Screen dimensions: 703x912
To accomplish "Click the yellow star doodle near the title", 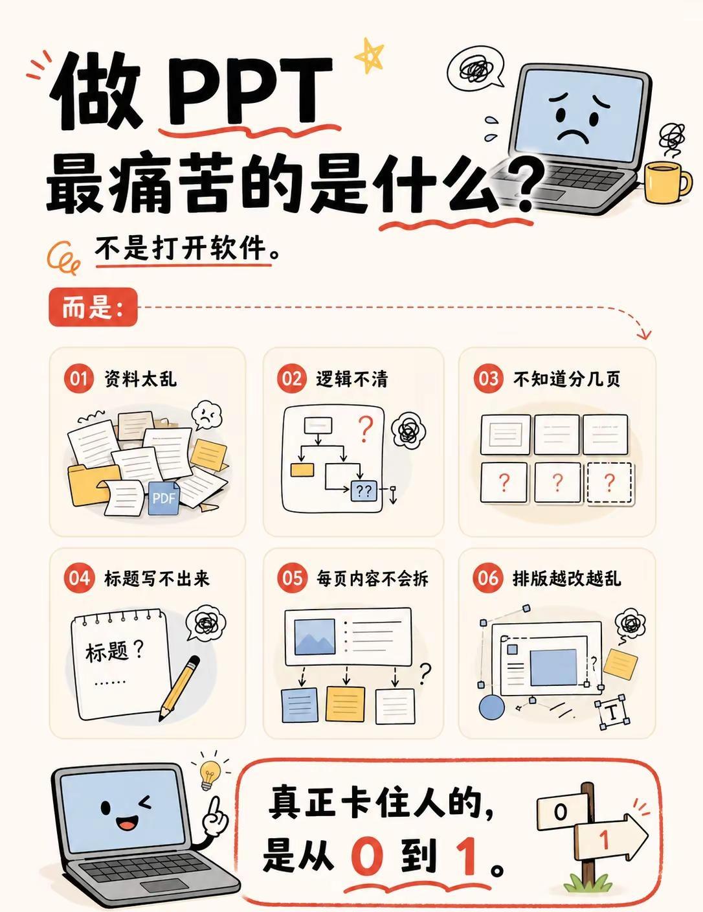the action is coord(369,56).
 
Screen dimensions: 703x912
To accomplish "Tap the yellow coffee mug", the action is coord(666,183).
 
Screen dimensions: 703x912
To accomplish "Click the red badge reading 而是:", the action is coord(93,307).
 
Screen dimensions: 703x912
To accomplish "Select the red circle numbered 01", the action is coord(78,378).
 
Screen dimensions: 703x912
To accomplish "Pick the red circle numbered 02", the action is coord(291,378).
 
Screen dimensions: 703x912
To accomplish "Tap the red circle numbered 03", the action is coord(488,378).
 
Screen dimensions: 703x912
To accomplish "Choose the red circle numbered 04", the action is coord(78,578).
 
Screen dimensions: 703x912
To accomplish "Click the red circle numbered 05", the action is coord(291,578).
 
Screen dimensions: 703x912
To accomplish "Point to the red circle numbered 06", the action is coord(488,578).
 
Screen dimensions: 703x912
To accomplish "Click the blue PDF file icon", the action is coord(164,498).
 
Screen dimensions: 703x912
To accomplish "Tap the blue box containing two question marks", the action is coord(364,490).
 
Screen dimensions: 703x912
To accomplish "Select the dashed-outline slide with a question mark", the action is coord(610,483).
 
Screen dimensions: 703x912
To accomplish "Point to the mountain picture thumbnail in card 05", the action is coord(315,637).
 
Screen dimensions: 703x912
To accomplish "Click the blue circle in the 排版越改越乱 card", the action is coord(491,707).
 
